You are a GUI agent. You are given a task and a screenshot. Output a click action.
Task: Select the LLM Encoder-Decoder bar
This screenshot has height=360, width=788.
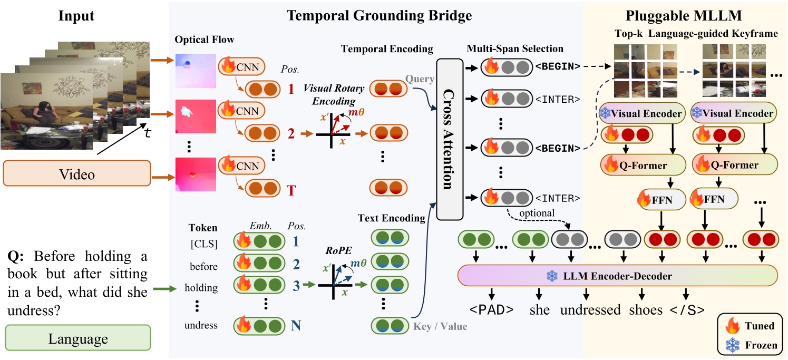(618, 276)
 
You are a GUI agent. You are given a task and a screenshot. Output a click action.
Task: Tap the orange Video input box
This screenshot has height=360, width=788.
(76, 173)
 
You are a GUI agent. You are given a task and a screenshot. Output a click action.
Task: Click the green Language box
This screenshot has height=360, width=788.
(77, 338)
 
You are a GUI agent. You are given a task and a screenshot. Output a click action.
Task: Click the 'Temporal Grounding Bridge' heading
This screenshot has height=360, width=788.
(379, 15)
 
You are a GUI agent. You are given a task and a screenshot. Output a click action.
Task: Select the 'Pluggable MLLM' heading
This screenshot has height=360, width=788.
(684, 15)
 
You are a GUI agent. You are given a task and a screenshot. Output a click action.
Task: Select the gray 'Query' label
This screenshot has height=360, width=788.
(420, 79)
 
